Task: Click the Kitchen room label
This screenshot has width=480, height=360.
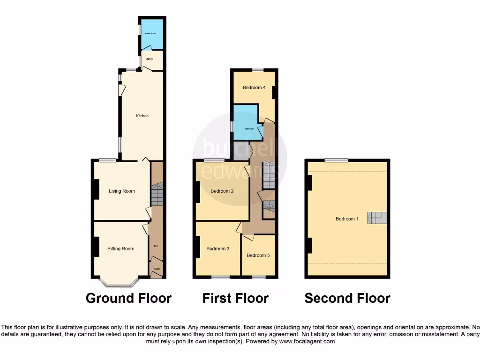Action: pyautogui.click(x=142, y=116)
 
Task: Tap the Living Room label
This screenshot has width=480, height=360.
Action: pyautogui.click(x=122, y=191)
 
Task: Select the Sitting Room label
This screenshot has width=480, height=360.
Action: pyautogui.click(x=121, y=249)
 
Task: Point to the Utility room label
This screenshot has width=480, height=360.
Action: pyautogui.click(x=149, y=59)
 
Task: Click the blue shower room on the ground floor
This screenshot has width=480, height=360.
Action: pyautogui.click(x=151, y=34)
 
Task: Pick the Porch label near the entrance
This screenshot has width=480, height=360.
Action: pyautogui.click(x=156, y=269)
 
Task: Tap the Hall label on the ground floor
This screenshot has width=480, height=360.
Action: pyautogui.click(x=155, y=246)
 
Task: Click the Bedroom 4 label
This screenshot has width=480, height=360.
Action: pyautogui.click(x=254, y=88)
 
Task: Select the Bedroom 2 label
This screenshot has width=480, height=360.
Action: pyautogui.click(x=222, y=191)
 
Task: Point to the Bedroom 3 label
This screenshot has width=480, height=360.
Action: pyautogui.click(x=218, y=249)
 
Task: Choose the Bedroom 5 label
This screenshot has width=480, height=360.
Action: pyautogui.click(x=258, y=255)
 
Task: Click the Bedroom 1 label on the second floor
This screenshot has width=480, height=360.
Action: pyautogui.click(x=347, y=219)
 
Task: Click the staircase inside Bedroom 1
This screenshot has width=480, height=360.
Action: pyautogui.click(x=378, y=217)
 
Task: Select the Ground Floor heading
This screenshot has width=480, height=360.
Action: pyautogui.click(x=128, y=298)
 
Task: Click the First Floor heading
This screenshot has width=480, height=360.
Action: pyautogui.click(x=235, y=298)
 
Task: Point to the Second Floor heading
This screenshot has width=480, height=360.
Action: pyautogui.click(x=347, y=298)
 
